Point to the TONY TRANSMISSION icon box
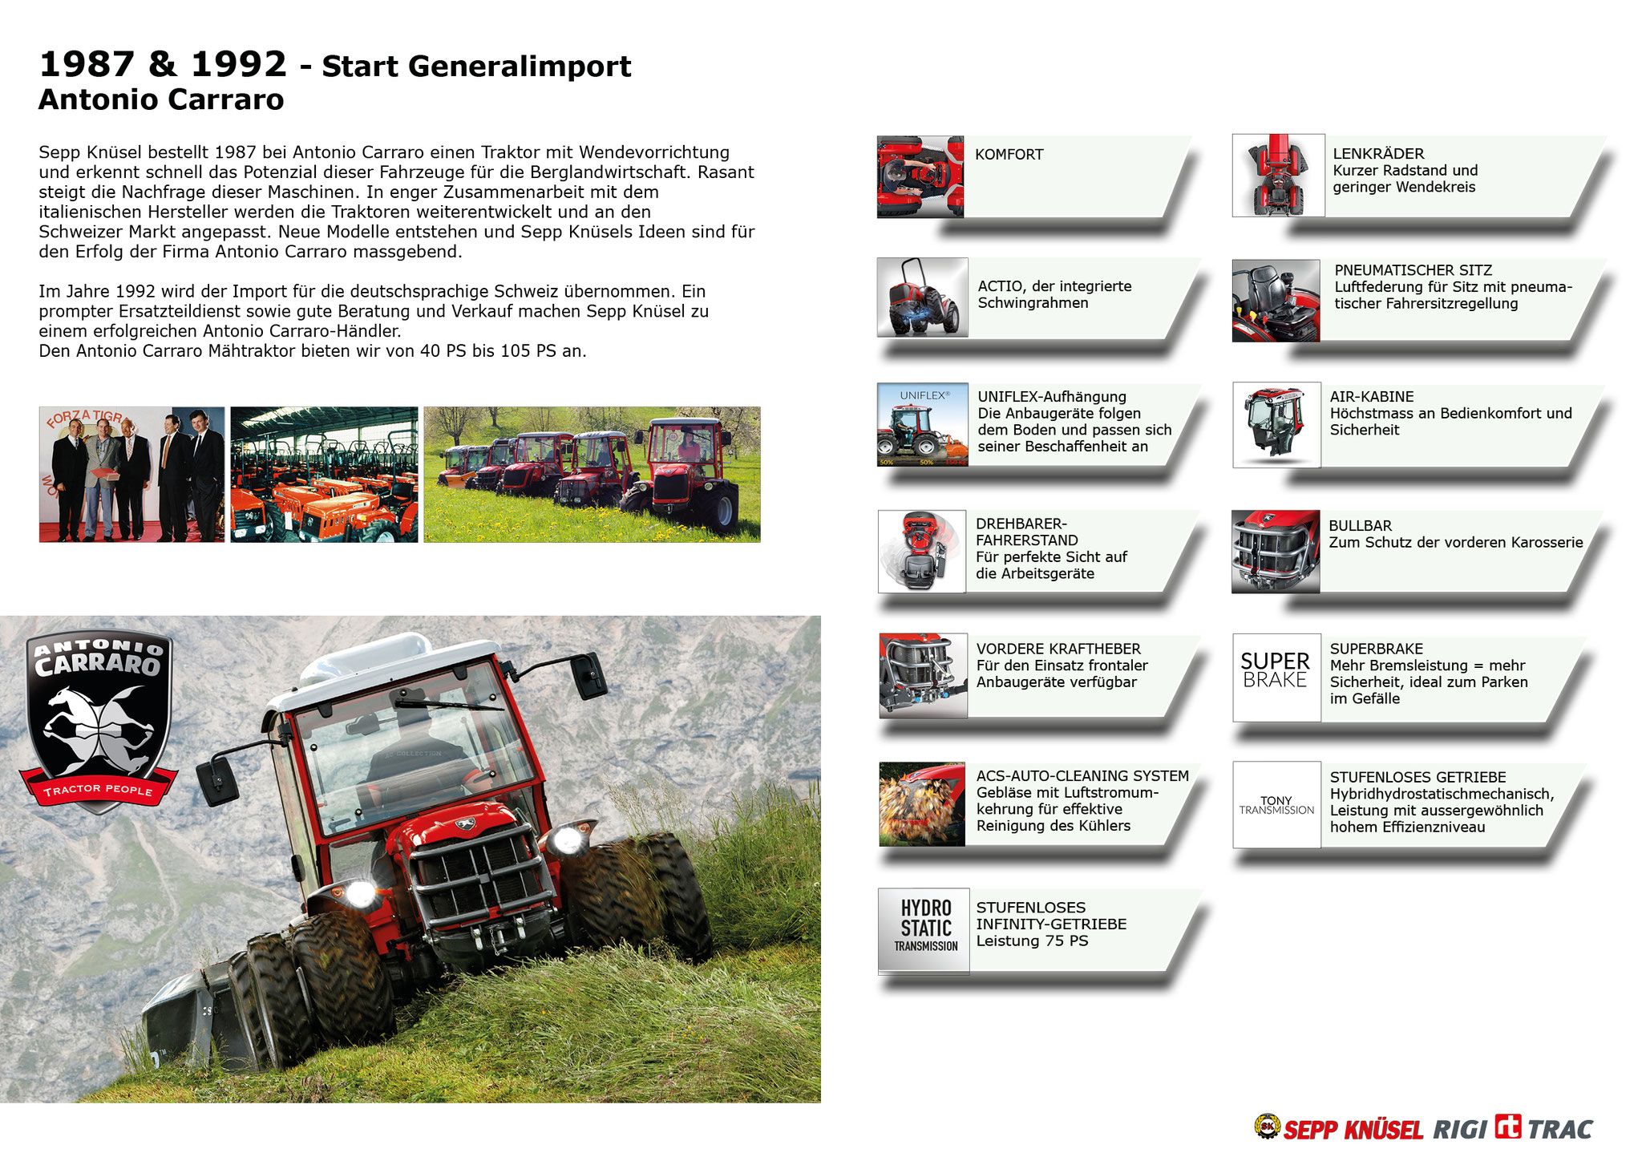pos(1276,804)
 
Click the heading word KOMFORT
pos(1009,155)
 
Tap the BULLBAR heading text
pos(1360,526)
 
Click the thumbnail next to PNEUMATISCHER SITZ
pos(1276,301)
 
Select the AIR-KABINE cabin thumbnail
pos(1276,425)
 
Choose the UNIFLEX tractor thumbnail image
pos(923,424)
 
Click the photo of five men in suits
pos(131,475)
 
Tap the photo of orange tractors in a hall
pos(324,475)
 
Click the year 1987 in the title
pos(86,64)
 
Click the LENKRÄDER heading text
pos(1378,154)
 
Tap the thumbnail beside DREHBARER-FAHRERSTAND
pos(921,552)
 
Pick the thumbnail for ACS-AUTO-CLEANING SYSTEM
pos(922,804)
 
